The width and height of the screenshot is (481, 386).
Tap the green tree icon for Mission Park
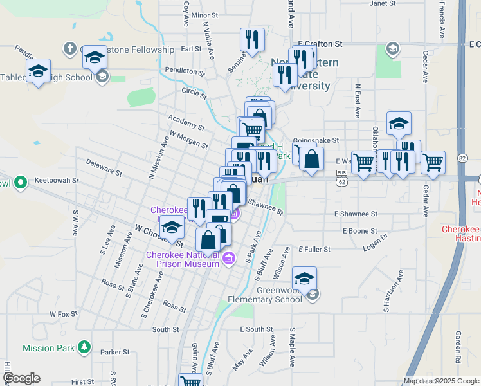tap(84, 348)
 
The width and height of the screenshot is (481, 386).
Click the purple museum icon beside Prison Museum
tap(230, 259)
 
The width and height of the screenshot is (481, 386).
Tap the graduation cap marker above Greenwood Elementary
tap(304, 279)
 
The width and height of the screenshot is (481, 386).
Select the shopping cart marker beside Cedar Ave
tap(433, 163)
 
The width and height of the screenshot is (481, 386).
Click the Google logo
tap(21, 378)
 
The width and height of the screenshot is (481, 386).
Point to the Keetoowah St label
tap(56, 181)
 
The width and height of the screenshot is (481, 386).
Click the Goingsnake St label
tap(315, 140)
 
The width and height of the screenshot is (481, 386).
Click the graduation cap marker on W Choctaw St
tap(172, 228)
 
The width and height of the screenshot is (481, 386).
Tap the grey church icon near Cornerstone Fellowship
tap(70, 49)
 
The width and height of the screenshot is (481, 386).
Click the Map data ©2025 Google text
tap(440, 381)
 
